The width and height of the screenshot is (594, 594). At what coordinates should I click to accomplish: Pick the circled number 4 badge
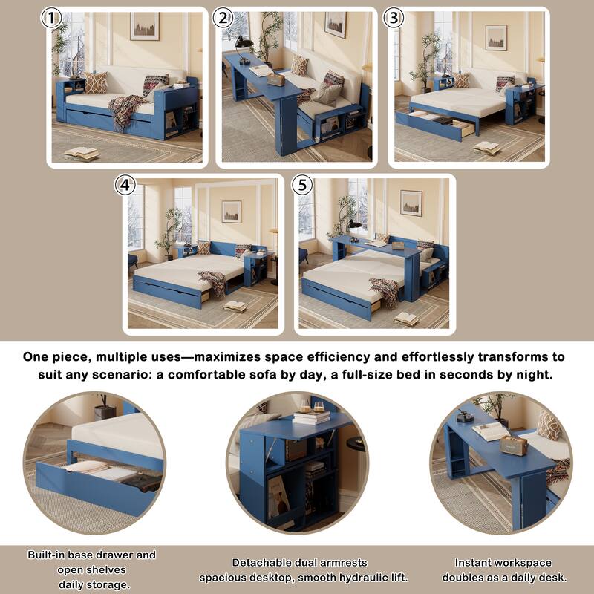coord(125,186)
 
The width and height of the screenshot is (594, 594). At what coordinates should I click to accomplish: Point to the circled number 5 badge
coord(302,186)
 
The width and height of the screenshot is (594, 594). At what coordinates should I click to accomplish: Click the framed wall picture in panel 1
coord(145,26)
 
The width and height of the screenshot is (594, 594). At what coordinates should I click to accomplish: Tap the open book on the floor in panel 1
coord(81,153)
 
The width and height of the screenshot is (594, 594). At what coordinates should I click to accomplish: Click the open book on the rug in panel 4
coord(235,306)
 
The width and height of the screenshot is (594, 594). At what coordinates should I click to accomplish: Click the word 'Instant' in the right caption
coord(474,563)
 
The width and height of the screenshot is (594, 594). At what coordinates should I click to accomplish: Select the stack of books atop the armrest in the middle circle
coord(310,418)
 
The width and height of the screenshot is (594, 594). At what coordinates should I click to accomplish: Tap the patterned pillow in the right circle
coord(549,425)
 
